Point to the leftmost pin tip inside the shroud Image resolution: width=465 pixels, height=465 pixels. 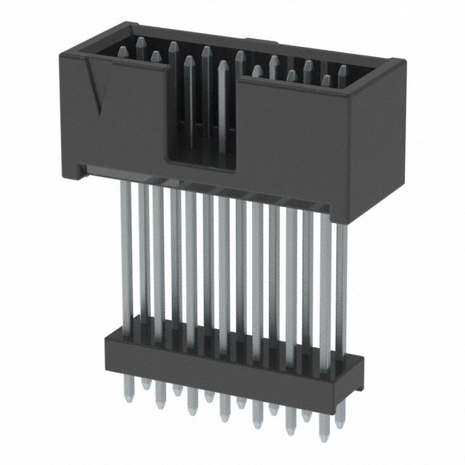122,51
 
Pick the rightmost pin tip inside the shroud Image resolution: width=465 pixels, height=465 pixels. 341,71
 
